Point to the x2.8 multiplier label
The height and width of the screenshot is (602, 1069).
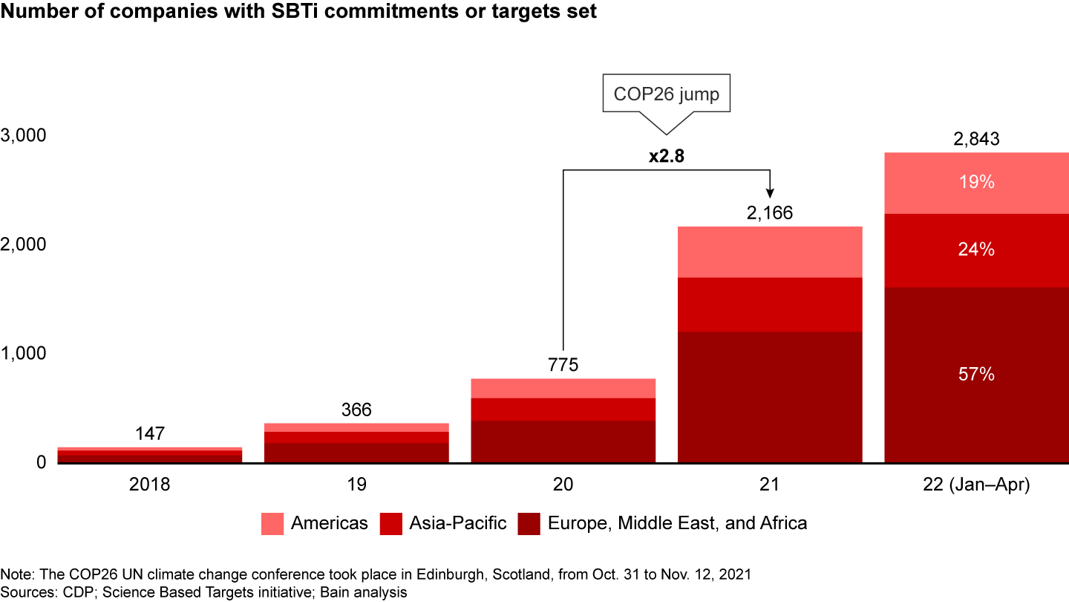pyautogui.click(x=665, y=158)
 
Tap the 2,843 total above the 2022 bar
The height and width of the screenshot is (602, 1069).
pyautogui.click(x=975, y=139)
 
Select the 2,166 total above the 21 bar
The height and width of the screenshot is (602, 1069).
pyautogui.click(x=769, y=213)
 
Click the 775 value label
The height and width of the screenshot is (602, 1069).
pyautogui.click(x=563, y=365)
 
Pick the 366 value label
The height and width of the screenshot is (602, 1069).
pyautogui.click(x=356, y=410)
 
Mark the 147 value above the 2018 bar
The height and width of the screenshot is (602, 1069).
pyautogui.click(x=150, y=434)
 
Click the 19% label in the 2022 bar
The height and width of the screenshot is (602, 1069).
pyautogui.click(x=975, y=182)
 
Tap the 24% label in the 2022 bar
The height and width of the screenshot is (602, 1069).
pyautogui.click(x=975, y=250)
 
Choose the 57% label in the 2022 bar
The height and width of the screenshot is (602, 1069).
pyautogui.click(x=975, y=375)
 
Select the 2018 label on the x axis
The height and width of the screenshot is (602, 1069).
pyautogui.click(x=150, y=485)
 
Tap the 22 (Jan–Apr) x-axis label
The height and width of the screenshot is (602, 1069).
pyautogui.click(x=975, y=485)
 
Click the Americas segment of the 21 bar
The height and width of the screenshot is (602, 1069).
pyautogui.click(x=769, y=252)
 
